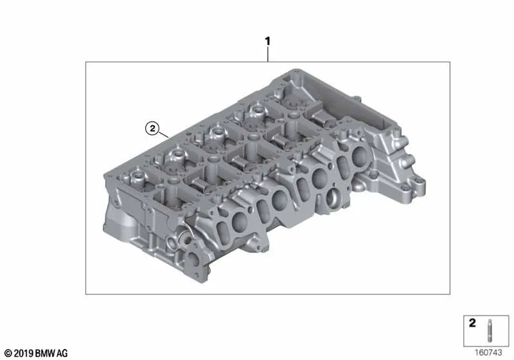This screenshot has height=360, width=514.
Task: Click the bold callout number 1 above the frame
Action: (267, 41)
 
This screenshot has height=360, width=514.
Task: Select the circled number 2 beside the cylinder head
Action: (152, 128)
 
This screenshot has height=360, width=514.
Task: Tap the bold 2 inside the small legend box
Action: (472, 323)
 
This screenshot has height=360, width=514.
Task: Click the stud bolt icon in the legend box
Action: (489, 330)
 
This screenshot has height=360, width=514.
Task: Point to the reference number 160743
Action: (488, 352)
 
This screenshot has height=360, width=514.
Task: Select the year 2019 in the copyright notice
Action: (24, 353)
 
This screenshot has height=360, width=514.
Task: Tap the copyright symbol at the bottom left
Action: (8, 353)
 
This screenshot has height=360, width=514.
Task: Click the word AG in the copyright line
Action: (62, 353)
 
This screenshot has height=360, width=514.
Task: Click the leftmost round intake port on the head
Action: (239, 222)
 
